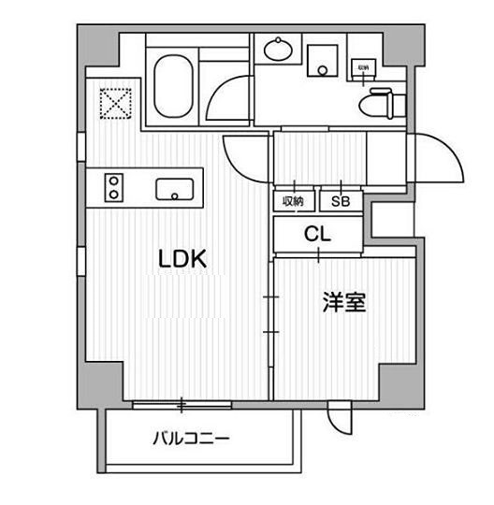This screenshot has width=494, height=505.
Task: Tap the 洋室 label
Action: pos(343,303)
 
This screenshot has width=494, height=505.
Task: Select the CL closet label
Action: pos(316,235)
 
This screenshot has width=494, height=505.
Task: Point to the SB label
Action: pos(336,201)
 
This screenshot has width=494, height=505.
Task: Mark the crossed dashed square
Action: pos(113,103)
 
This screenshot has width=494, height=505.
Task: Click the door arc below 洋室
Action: pos(339,419)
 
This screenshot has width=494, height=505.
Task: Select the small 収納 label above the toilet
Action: pos(362,68)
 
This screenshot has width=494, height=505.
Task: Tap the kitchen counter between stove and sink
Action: pos(140,188)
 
